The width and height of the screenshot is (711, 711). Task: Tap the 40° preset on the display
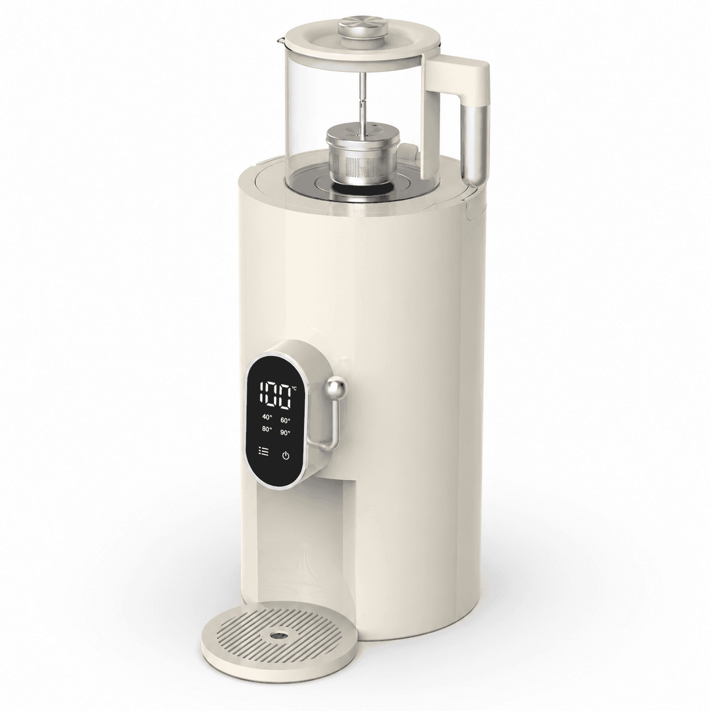click(267, 417)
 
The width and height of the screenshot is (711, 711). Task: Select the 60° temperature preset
click(286, 420)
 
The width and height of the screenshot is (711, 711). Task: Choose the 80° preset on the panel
click(267, 429)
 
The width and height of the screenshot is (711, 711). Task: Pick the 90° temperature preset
click(286, 433)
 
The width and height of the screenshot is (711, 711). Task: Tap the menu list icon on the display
click(264, 451)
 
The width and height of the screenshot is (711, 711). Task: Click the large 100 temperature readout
click(274, 396)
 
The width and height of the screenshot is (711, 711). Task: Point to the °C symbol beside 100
click(294, 388)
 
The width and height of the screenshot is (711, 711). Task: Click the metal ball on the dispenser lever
click(336, 388)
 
